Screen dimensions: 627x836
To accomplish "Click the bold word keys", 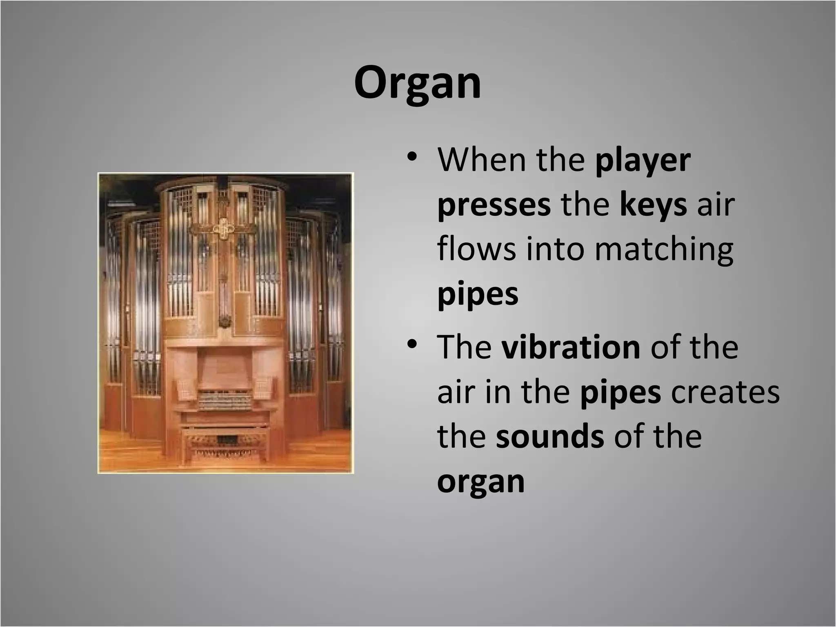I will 653,205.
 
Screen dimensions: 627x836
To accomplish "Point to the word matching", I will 663,250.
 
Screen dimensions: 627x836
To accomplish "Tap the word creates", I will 725,392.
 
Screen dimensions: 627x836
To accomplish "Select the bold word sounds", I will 550,436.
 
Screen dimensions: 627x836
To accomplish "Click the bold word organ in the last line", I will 480,482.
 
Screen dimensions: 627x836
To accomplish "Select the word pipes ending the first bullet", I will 478,295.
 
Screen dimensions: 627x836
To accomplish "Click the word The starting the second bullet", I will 464,347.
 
